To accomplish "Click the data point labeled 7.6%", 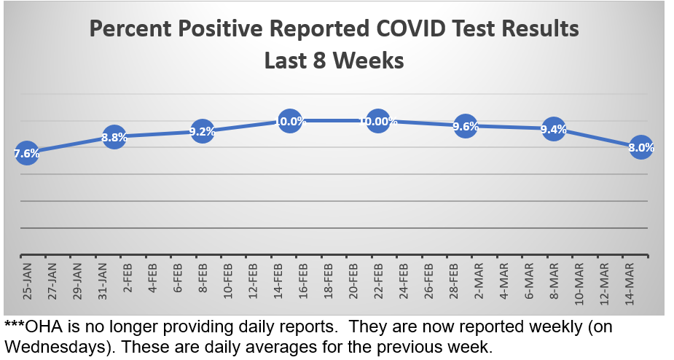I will [x=26, y=152].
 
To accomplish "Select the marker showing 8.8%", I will [x=114, y=136].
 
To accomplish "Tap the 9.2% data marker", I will [x=202, y=131].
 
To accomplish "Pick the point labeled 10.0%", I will [x=290, y=121].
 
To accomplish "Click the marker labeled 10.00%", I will [x=378, y=121].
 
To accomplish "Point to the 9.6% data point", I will [x=466, y=126].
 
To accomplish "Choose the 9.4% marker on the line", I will [x=553, y=129].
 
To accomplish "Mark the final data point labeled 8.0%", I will [x=641, y=147].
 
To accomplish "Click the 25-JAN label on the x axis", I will [x=26, y=281].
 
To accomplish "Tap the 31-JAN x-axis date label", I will [x=102, y=281].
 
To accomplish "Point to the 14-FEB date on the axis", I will [x=278, y=281].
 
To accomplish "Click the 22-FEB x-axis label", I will [x=378, y=281].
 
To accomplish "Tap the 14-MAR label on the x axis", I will [x=629, y=281].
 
